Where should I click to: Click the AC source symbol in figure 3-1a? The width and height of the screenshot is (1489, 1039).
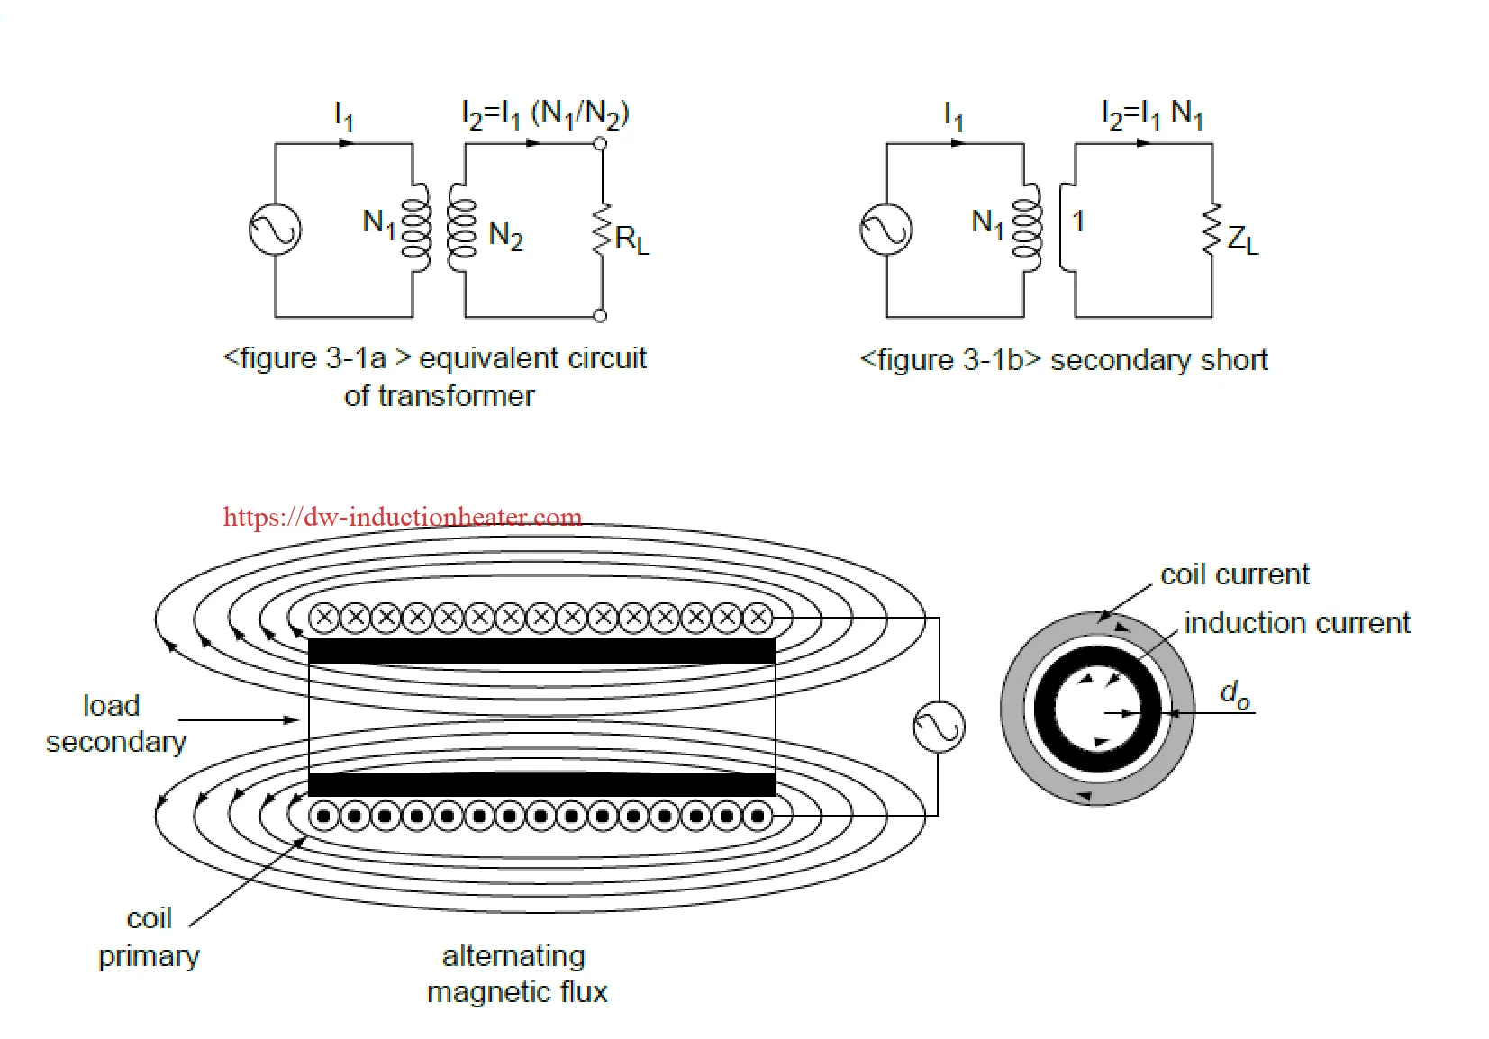[275, 229]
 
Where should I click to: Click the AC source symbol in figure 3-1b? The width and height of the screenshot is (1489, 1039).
[885, 229]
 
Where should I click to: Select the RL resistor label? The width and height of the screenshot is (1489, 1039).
[631, 239]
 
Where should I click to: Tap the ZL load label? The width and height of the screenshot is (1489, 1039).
[1242, 239]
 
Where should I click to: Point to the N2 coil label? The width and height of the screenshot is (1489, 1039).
[505, 236]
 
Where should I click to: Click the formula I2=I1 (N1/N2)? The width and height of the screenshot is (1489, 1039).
[544, 114]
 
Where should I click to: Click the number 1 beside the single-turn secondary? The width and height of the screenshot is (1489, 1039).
[1078, 221]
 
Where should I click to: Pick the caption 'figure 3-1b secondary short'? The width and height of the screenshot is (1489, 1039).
[1064, 360]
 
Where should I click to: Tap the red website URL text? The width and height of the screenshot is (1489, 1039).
[402, 517]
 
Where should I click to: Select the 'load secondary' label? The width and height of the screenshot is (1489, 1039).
[114, 723]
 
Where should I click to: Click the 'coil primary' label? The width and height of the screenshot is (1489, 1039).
[149, 937]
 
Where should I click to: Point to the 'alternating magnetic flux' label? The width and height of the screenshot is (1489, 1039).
[516, 973]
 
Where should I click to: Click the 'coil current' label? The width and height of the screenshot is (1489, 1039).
[1234, 574]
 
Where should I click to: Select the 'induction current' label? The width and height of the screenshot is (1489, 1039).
[1296, 623]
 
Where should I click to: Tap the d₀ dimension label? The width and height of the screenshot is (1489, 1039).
[1234, 694]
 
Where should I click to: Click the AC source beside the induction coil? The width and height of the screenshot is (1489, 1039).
[939, 727]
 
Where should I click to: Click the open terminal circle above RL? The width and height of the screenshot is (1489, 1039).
[600, 143]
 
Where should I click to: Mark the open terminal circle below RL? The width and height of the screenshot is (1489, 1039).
[600, 315]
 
